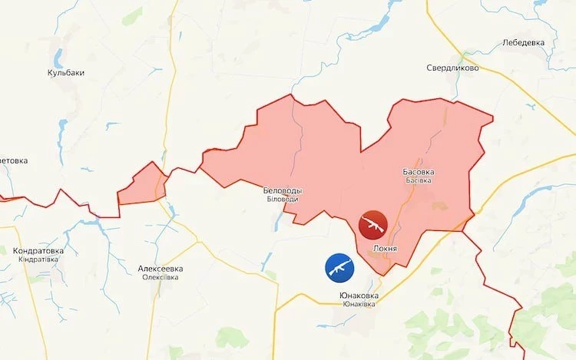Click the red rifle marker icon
point(374,224)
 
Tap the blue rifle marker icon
point(339,266)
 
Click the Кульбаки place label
point(65,73)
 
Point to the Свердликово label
point(453,68)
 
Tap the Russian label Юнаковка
point(359,296)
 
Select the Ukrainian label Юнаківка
point(359,305)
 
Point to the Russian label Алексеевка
point(160,269)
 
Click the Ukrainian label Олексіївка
point(160,277)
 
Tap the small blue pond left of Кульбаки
point(55,57)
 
